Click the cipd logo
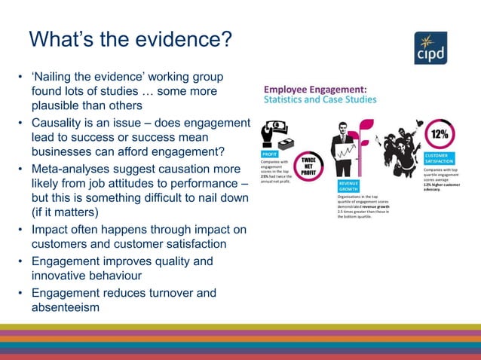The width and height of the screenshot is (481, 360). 430,48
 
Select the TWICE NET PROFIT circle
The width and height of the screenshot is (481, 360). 308,167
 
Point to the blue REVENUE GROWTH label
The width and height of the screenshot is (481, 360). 348,186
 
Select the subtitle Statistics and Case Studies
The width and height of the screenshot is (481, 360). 320,99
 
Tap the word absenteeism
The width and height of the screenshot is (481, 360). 66,308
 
